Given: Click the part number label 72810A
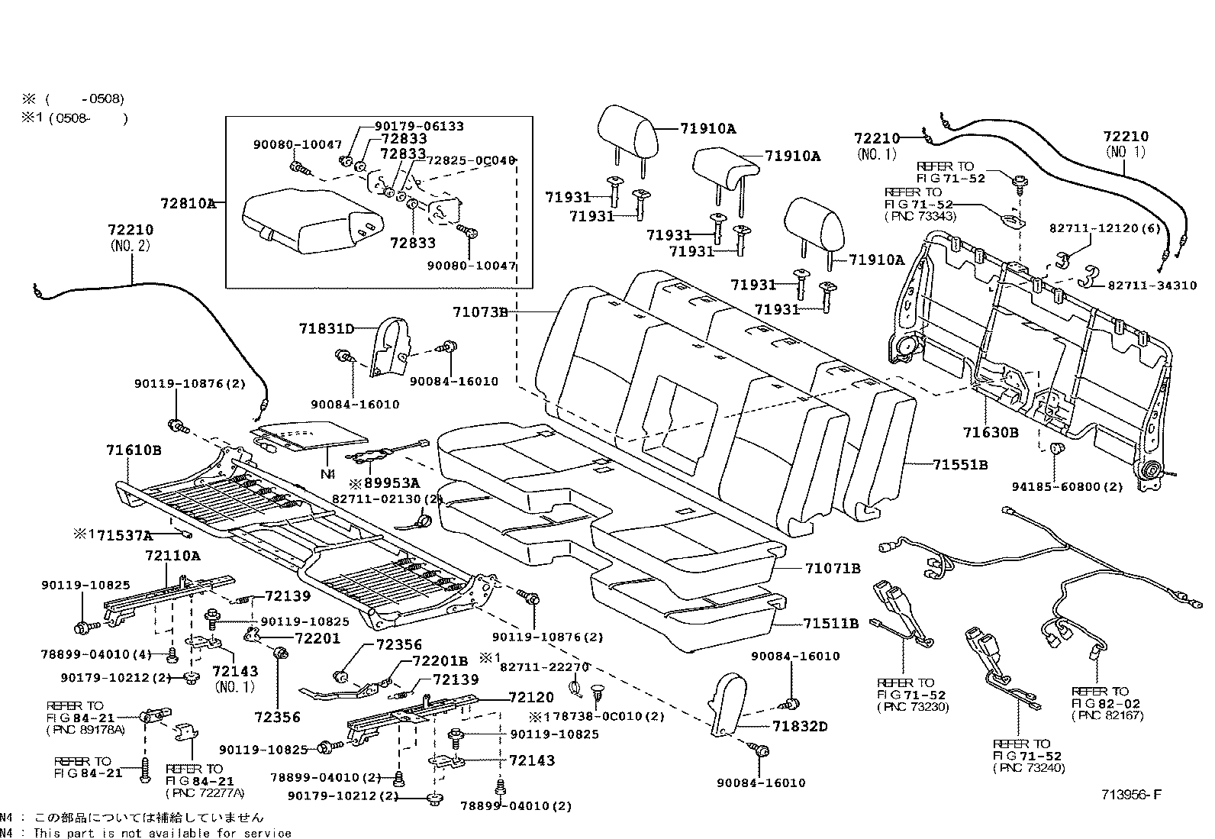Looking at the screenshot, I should click(x=188, y=204).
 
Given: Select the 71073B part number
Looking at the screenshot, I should click(x=479, y=311).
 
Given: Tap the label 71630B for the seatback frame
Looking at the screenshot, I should click(x=990, y=433).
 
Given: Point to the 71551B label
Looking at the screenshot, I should click(x=960, y=464).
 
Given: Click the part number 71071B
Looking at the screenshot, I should click(x=832, y=568).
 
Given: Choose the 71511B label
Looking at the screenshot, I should click(x=830, y=623).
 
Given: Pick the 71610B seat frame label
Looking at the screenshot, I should click(x=134, y=450).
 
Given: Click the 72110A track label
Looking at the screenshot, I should click(x=172, y=556).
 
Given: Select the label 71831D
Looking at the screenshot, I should click(x=327, y=328).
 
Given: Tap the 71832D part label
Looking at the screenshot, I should click(x=799, y=726).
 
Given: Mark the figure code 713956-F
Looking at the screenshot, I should click(x=1130, y=795).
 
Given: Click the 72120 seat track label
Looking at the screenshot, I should click(x=531, y=698).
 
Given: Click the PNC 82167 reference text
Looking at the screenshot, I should click(x=1102, y=715).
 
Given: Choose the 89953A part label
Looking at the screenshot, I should click(x=388, y=482).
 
